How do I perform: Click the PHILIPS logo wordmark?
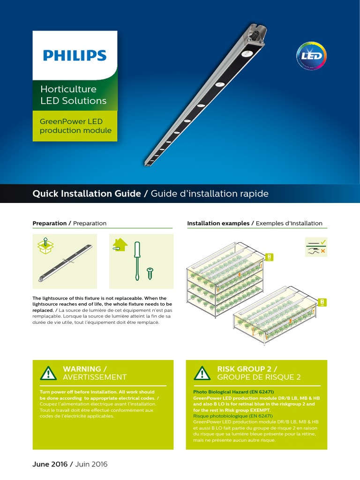[75, 55]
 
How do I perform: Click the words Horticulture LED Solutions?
[73, 95]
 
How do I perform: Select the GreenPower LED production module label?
[75, 126]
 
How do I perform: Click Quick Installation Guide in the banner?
[86, 194]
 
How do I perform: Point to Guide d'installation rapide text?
[210, 194]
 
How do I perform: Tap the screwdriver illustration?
[137, 260]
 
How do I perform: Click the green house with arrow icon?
[120, 245]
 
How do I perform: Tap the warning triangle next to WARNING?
[48, 373]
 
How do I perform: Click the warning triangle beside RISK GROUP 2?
[202, 373]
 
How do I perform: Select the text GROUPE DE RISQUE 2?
[259, 377]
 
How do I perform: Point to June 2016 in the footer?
[50, 464]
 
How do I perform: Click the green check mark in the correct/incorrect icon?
[322, 242]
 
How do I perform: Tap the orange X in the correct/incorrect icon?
[322, 251]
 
